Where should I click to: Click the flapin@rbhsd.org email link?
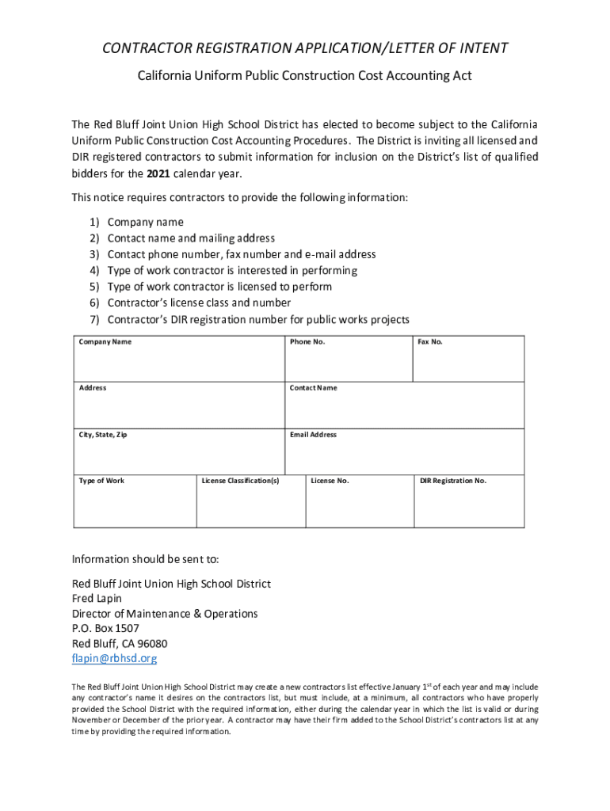pyautogui.click(x=115, y=658)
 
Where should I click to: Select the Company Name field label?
pyautogui.click(x=105, y=341)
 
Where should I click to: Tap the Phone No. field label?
pyautogui.click(x=307, y=341)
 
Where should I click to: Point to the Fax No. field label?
pyautogui.click(x=430, y=341)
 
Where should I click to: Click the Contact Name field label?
pyautogui.click(x=313, y=388)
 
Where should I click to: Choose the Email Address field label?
pyautogui.click(x=313, y=435)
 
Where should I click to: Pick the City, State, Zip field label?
pyautogui.click(x=103, y=435)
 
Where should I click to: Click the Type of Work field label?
pyautogui.click(x=101, y=481)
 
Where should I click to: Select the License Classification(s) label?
pyautogui.click(x=240, y=481)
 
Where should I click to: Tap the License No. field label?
pyautogui.click(x=330, y=481)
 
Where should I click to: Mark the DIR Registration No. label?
pyautogui.click(x=453, y=481)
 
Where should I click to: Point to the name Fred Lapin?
pyautogui.click(x=97, y=598)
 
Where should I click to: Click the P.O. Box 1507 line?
pyautogui.click(x=105, y=628)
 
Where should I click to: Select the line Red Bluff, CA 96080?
pyautogui.click(x=120, y=643)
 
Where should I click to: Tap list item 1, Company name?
pyautogui.click(x=145, y=222)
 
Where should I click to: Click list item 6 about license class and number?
pyautogui.click(x=199, y=303)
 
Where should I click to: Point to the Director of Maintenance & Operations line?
pyautogui.click(x=165, y=613)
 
